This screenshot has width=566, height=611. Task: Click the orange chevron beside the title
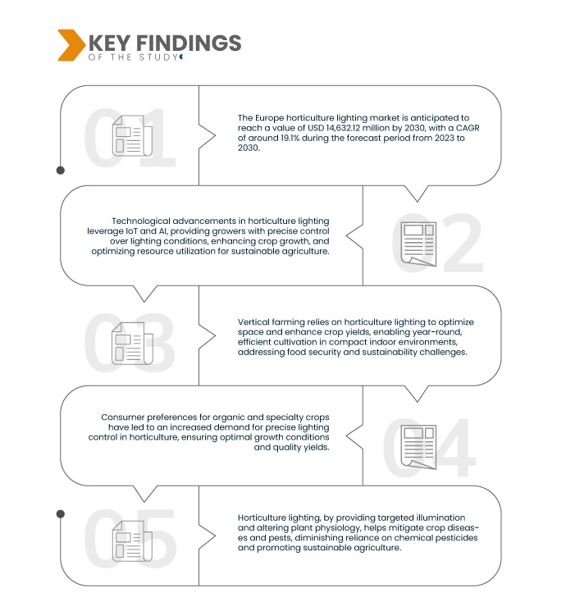point(70,44)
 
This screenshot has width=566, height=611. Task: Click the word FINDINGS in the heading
point(192,43)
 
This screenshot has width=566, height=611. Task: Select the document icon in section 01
point(129,136)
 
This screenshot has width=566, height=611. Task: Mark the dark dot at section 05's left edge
point(60,513)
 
